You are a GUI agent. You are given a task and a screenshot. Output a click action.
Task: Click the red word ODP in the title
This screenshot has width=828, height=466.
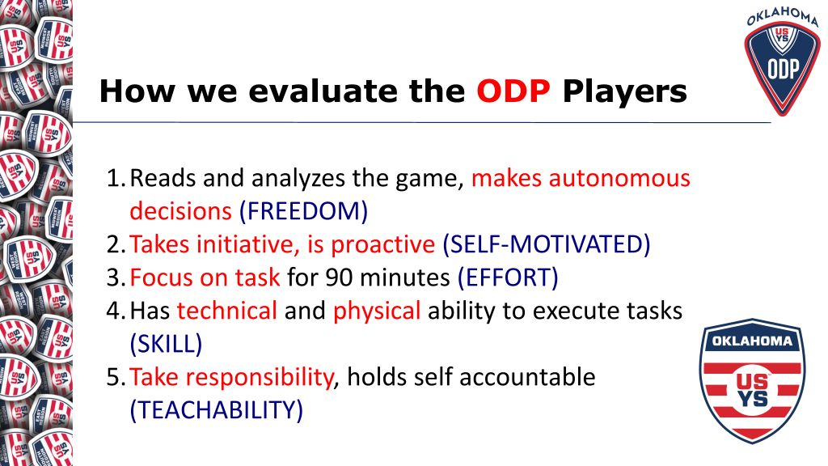coord(513,91)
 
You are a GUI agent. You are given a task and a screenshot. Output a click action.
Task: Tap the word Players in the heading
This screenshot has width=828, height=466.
coord(625,92)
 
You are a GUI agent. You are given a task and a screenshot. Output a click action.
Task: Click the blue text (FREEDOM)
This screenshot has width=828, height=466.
coord(304,211)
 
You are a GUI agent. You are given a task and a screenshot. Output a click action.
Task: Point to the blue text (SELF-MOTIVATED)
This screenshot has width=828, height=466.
coord(547,244)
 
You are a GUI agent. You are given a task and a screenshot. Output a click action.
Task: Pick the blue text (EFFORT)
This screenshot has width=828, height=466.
coord(508,277)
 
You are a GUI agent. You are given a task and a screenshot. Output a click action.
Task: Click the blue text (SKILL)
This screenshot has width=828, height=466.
coord(166,344)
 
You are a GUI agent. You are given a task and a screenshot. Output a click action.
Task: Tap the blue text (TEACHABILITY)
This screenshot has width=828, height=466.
coord(217,410)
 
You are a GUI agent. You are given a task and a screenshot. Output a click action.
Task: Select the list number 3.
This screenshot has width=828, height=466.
coord(115,277)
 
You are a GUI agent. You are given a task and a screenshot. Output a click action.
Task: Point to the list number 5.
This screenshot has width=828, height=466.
coord(115,377)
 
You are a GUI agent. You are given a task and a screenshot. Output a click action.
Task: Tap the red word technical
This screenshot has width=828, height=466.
coord(227,311)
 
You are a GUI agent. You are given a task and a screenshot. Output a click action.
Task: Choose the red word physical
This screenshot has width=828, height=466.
coord(377,311)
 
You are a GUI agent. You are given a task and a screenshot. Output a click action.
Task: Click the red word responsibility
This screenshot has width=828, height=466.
coord(260,378)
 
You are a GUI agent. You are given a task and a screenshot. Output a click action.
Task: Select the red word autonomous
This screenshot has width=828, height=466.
coord(619,179)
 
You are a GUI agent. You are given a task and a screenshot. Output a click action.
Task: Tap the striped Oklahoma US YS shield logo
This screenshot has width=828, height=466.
coord(753,381)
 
